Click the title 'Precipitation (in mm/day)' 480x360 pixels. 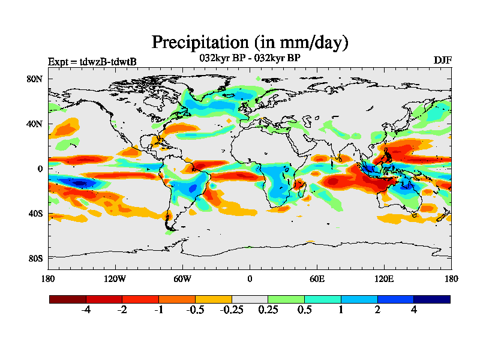tap(250, 42)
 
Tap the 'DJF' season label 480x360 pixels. tap(443, 61)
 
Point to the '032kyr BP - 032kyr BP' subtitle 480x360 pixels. tap(250, 58)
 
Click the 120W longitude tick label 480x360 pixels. tap(115, 278)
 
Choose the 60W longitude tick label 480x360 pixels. tap(182, 278)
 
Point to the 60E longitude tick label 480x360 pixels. tap(317, 278)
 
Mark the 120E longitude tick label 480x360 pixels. tap(384, 278)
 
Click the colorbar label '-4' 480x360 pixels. tap(86, 310)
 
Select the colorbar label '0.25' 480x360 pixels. tap(268, 310)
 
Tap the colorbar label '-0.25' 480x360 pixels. tap(231, 310)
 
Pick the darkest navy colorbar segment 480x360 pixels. tap(431, 299)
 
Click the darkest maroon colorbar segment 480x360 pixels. tap(68, 299)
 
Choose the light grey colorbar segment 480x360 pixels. tap(250, 299)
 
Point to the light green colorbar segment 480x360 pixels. tap(286, 299)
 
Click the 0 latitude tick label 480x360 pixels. tap(40, 169)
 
